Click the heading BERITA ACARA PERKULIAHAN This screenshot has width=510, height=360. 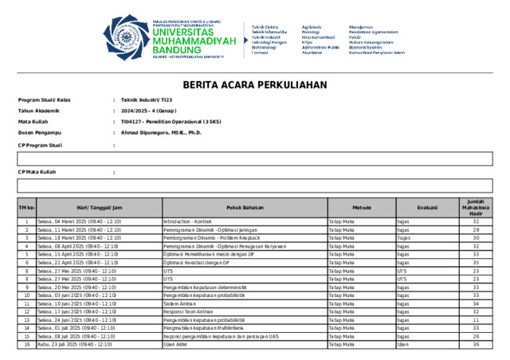pyautogui.click(x=255, y=84)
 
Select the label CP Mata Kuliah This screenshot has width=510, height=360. pyautogui.click(x=37, y=172)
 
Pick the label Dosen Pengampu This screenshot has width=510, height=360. pyautogui.click(x=40, y=133)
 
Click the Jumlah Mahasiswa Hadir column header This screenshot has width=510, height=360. pyautogui.click(x=476, y=207)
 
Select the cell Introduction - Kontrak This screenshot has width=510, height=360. pyautogui.click(x=187, y=221)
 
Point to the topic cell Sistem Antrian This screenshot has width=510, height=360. pyautogui.click(x=182, y=303)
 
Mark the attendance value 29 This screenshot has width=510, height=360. pyautogui.click(x=476, y=229)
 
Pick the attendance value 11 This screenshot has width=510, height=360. pyautogui.click(x=476, y=320)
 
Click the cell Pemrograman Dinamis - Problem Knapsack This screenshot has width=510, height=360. pyautogui.click(x=205, y=237)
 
